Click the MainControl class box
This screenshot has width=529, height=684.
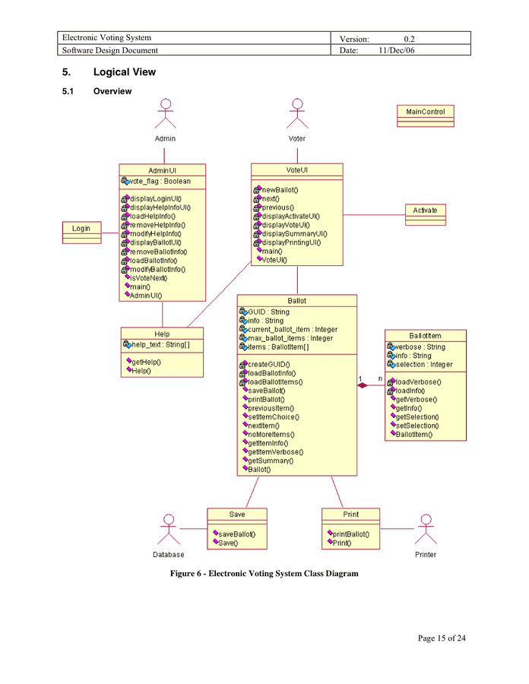[425, 116]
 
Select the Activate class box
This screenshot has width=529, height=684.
[425, 214]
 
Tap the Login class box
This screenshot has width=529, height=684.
[81, 233]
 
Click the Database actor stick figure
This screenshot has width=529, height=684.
[169, 530]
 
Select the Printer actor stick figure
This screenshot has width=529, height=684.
[426, 530]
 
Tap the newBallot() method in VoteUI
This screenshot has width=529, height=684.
[279, 189]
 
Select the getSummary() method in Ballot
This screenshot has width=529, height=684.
[270, 460]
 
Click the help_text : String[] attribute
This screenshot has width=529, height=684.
[160, 345]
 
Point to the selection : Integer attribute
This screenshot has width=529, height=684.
[423, 364]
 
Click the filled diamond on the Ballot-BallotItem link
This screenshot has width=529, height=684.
[363, 385]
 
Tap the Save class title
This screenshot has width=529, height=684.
[237, 515]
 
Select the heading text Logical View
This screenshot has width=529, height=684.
[124, 72]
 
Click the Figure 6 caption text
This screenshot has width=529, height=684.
[264, 573]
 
